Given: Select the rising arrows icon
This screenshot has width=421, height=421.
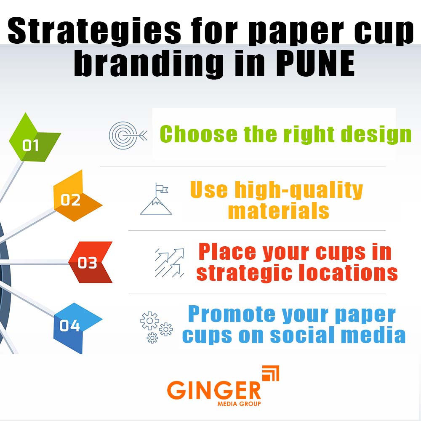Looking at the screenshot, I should (169, 262).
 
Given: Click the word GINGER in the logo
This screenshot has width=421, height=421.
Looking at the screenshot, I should (214, 390).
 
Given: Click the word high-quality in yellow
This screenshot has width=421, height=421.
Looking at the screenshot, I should (298, 190).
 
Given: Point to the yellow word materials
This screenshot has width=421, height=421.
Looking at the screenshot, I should (278, 210).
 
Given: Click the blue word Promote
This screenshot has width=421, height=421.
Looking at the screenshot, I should (229, 314).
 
